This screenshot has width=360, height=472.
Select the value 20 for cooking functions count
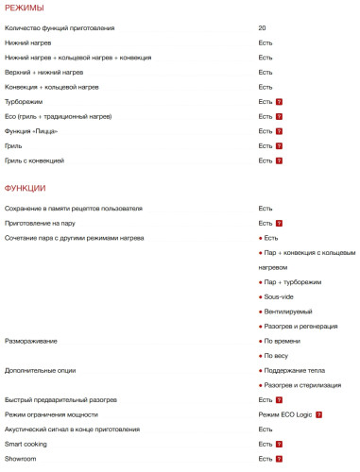pyautogui.click(x=262, y=28)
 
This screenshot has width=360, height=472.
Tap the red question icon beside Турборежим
pyautogui.click(x=280, y=101)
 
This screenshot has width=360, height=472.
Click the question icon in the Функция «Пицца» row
pyautogui.click(x=280, y=131)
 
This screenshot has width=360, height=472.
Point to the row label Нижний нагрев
pyautogui.click(x=28, y=43)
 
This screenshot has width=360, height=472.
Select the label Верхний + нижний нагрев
pyautogui.click(x=43, y=73)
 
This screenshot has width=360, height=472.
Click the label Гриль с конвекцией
pyautogui.click(x=35, y=160)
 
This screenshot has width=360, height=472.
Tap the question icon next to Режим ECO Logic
pyautogui.click(x=319, y=414)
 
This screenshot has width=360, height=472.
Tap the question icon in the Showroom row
pyautogui.click(x=280, y=459)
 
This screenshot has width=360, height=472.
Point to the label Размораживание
pyautogui.click(x=30, y=341)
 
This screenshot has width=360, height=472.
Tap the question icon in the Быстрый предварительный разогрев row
pyautogui.click(x=280, y=400)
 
